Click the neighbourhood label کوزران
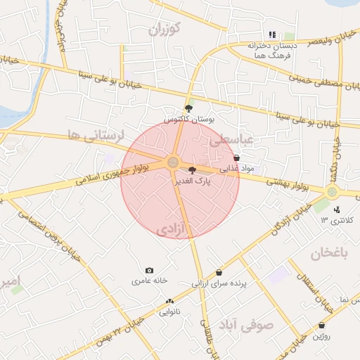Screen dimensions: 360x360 (166, 29)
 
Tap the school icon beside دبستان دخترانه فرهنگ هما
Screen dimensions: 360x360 (272, 34)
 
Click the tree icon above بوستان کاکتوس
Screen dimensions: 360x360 (188, 108)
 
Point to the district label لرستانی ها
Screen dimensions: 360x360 (95, 134)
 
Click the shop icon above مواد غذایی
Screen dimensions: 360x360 (236, 158)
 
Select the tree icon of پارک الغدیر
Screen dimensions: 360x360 (193, 170)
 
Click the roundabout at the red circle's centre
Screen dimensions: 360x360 (173, 163)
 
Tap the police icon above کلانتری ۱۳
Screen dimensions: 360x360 (337, 209)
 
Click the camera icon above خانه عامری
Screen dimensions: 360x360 (149, 271)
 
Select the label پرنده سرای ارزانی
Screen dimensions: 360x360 (218, 285)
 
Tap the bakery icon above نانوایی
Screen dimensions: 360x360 (168, 299)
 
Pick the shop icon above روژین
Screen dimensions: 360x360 (321, 326)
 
